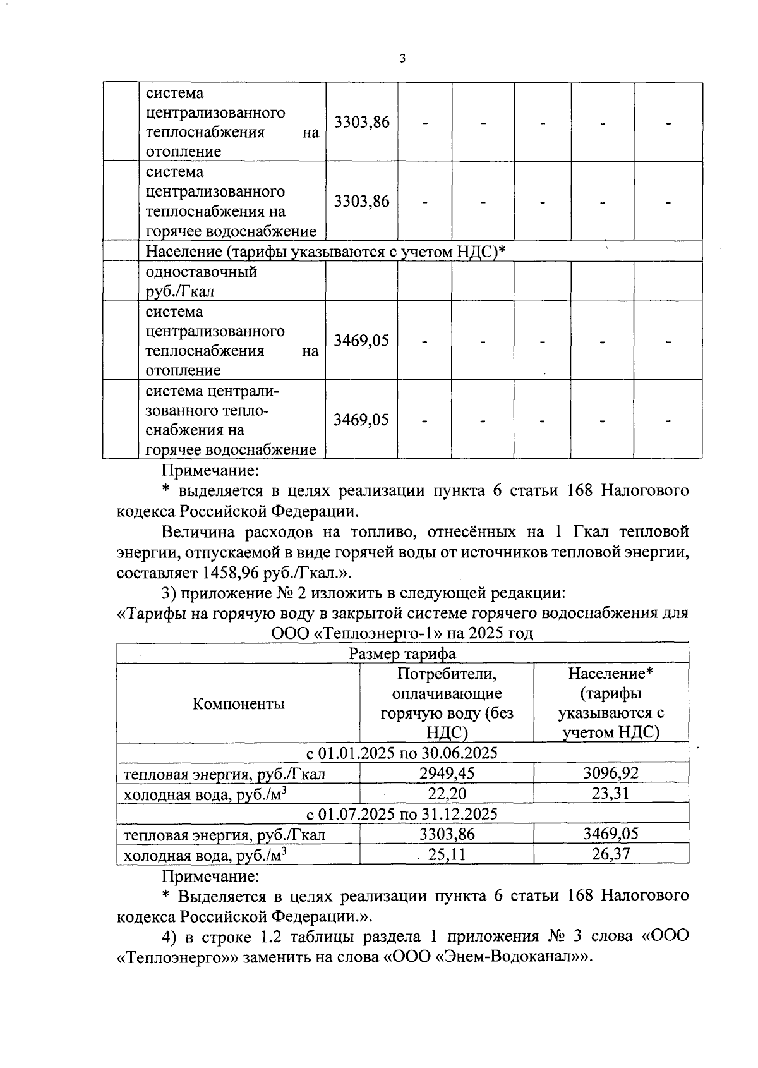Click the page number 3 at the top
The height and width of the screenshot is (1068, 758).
(402, 59)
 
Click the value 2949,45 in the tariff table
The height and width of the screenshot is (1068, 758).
(447, 772)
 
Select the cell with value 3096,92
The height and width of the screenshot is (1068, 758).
(610, 772)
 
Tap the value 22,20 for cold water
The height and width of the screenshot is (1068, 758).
(447, 793)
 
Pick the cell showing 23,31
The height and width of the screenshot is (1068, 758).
(610, 793)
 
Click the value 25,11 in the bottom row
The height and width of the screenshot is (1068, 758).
(447, 855)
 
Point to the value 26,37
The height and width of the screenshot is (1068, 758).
(610, 855)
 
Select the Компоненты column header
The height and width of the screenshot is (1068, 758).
(238, 703)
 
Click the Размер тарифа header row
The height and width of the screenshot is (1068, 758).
(402, 653)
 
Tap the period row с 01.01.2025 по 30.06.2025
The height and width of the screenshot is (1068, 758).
(402, 753)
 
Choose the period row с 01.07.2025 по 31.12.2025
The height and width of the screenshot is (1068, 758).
(402, 813)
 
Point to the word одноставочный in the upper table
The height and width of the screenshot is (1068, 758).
(202, 272)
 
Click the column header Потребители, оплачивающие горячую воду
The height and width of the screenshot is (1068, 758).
(446, 703)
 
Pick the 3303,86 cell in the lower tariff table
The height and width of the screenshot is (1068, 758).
(447, 834)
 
